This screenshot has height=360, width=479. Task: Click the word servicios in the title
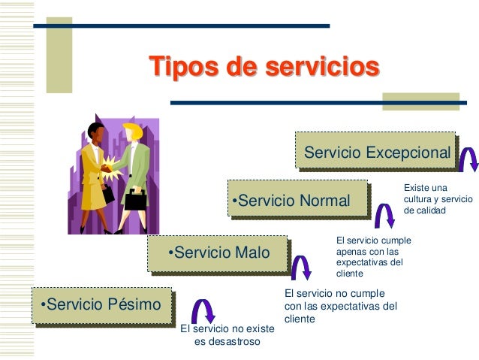(319, 68)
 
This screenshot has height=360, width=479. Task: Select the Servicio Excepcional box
(376, 153)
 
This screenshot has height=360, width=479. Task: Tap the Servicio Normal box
(297, 201)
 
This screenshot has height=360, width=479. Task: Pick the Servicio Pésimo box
(101, 304)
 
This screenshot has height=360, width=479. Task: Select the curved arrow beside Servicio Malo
(301, 265)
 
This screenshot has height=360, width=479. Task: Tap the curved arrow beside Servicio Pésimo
(203, 310)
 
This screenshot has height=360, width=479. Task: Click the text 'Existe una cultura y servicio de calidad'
(438, 199)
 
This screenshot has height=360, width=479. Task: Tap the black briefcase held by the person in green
(135, 199)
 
